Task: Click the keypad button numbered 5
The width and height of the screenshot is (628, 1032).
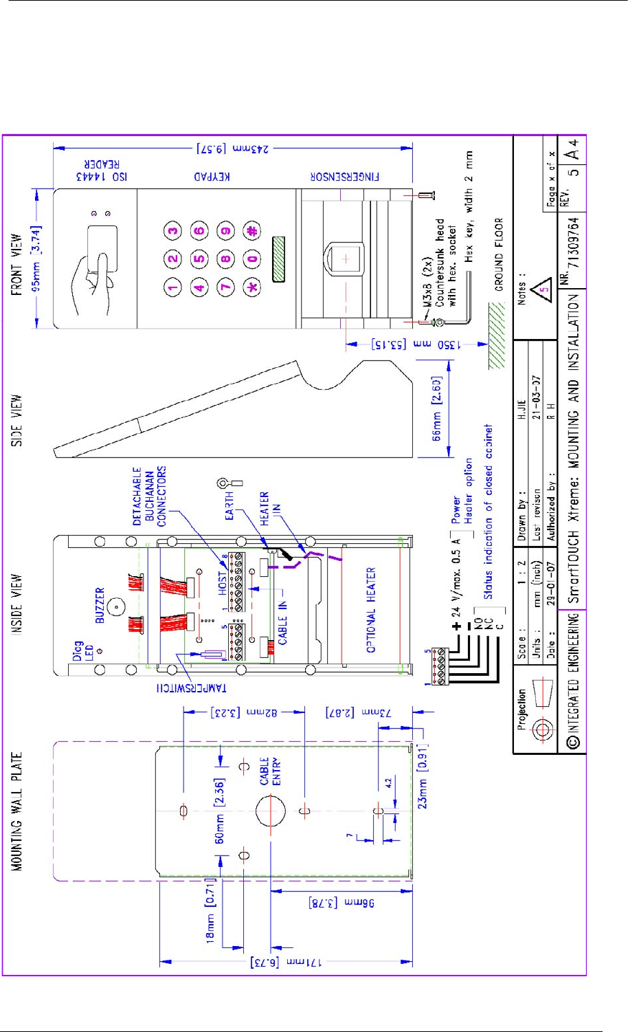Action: (x=199, y=259)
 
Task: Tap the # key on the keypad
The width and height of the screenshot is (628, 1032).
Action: (x=252, y=231)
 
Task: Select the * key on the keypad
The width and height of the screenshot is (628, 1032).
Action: (x=252, y=287)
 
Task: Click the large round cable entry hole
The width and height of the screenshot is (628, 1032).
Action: (x=271, y=811)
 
